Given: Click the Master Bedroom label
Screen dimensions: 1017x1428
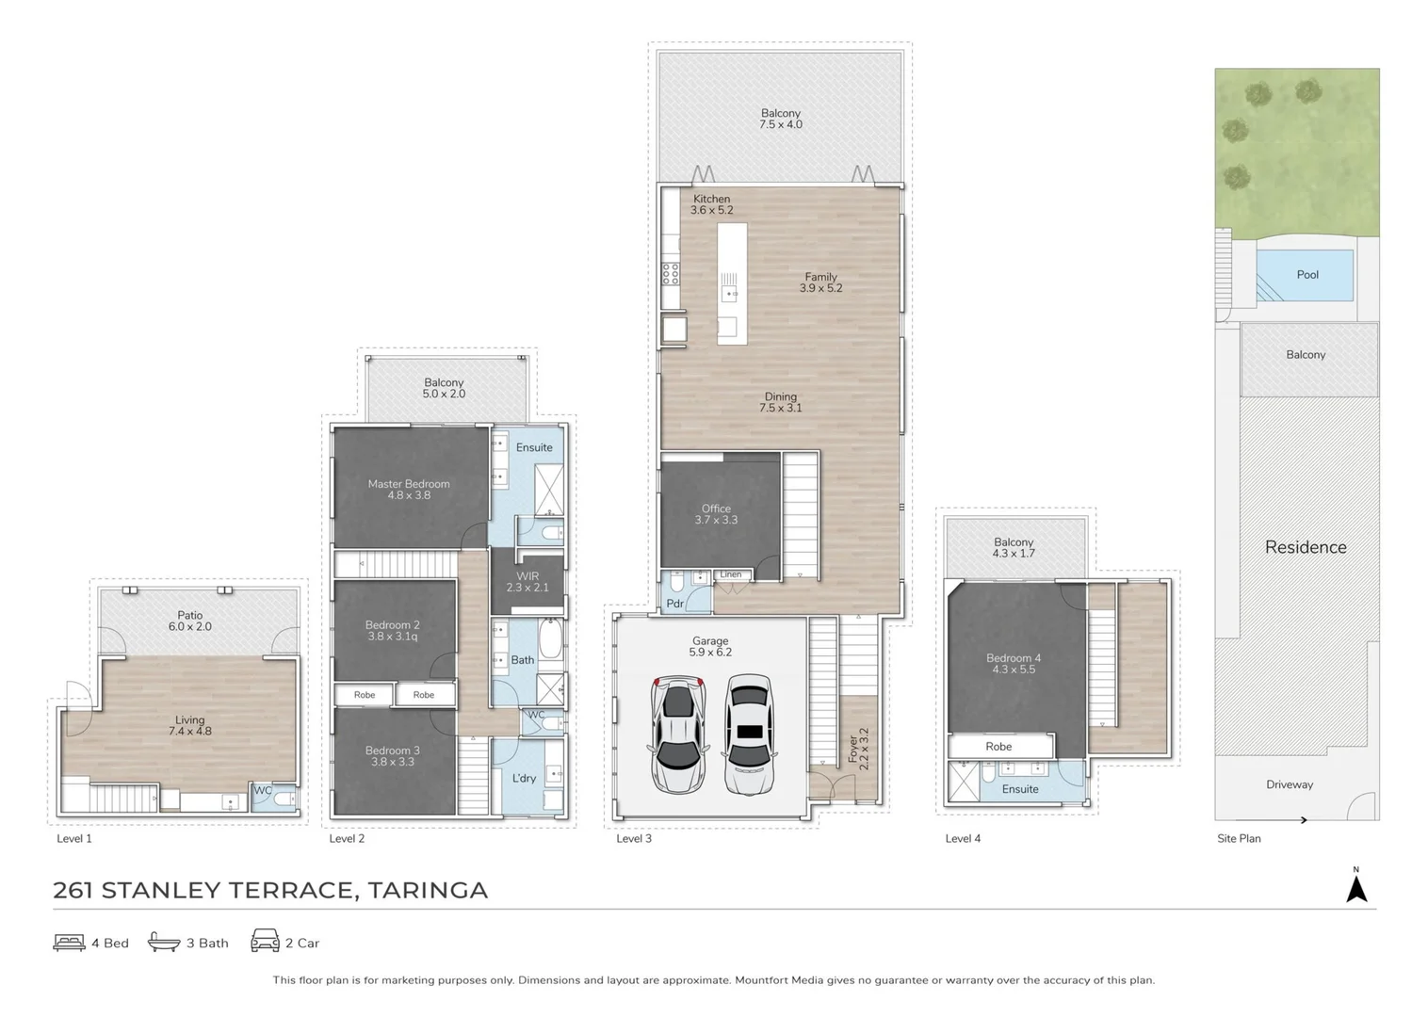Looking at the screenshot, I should click(409, 489).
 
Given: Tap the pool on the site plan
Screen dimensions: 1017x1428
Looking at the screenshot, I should click(1306, 275).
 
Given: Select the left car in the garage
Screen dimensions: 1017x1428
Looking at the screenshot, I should click(677, 734).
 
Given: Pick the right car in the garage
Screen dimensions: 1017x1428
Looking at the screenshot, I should click(750, 734).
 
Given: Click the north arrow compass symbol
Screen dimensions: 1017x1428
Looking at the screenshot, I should click(1356, 888).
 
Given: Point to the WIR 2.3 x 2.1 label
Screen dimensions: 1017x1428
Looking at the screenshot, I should click(527, 582).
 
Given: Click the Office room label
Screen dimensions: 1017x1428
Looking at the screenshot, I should click(716, 514).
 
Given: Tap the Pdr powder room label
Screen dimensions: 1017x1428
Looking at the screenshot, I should click(675, 604).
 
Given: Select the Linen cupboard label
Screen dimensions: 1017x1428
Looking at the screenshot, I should click(731, 574).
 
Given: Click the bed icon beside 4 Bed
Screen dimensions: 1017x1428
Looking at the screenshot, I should click(69, 942).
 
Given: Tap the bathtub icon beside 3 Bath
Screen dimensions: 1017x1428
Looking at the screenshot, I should click(164, 942).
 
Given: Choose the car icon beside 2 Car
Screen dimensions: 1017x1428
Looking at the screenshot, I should click(265, 941).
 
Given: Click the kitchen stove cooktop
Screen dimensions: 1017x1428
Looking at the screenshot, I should click(671, 274).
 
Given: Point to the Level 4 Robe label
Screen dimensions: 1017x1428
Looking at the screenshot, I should click(998, 747).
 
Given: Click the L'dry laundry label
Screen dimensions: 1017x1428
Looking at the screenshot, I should click(524, 778).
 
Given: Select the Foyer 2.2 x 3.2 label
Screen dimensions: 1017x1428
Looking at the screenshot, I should click(858, 749).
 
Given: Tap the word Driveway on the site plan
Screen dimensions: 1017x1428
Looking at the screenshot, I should click(1290, 784).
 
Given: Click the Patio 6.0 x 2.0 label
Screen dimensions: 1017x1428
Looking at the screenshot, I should click(190, 621).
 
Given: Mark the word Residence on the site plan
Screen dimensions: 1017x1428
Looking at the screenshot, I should click(1306, 547).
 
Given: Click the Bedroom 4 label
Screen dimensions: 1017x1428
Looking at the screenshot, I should click(1014, 664).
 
